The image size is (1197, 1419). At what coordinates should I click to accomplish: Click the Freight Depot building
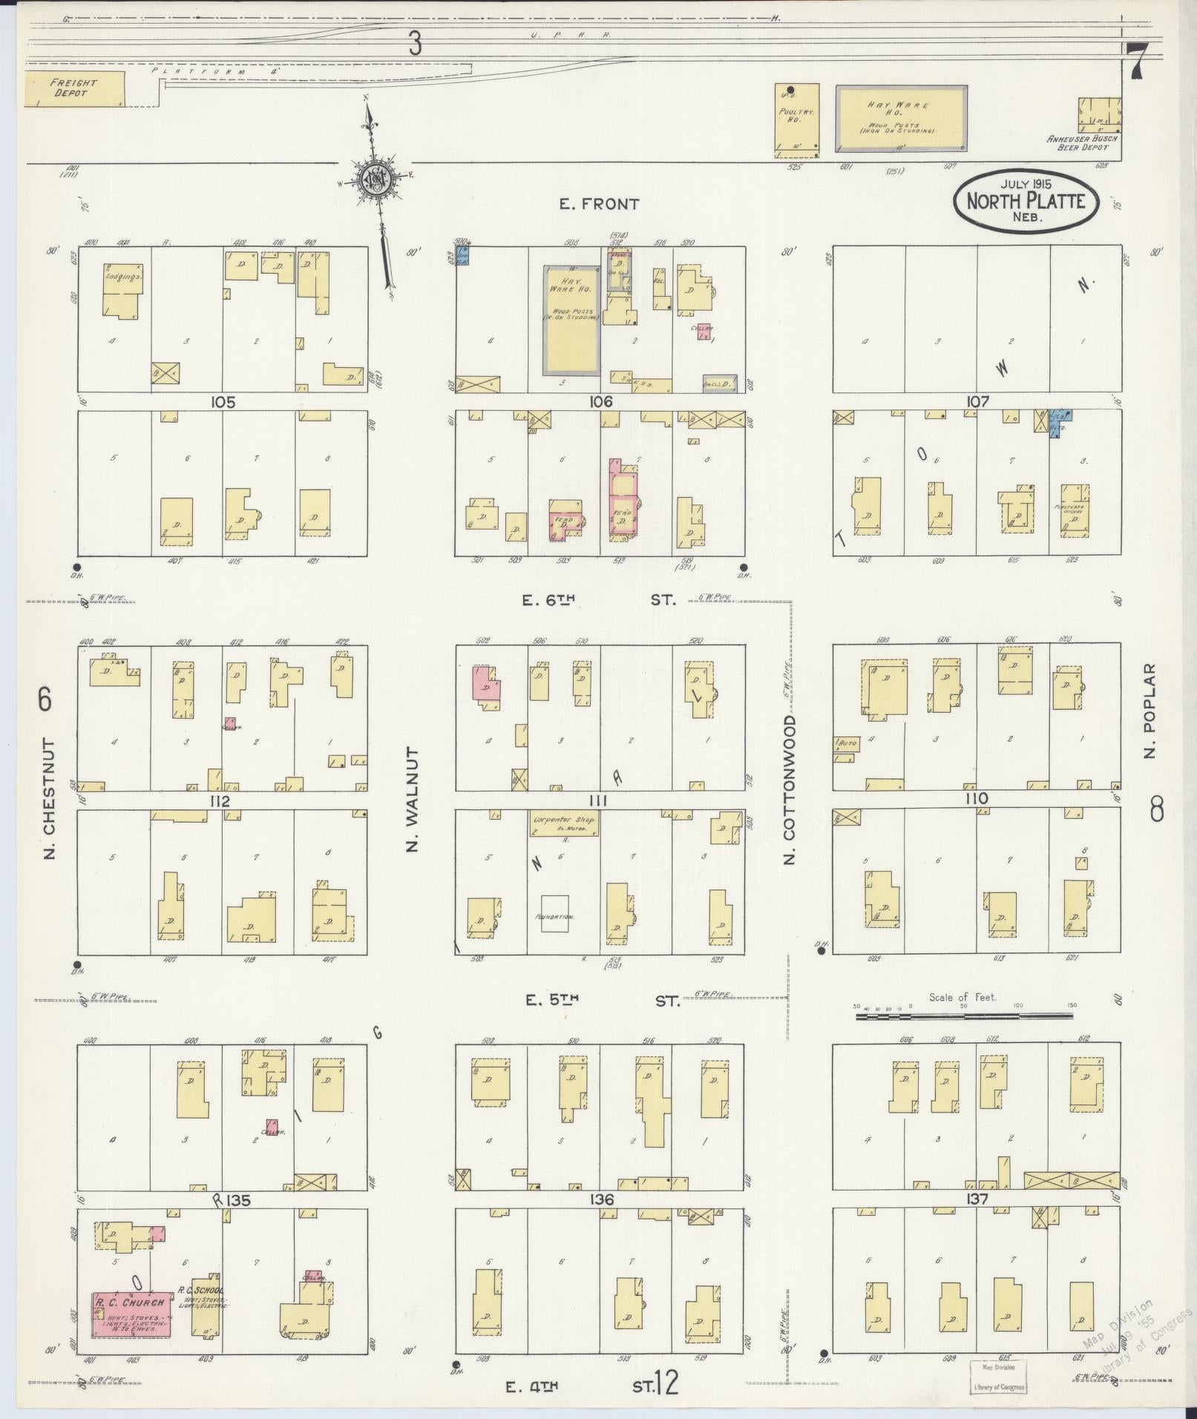(x=74, y=89)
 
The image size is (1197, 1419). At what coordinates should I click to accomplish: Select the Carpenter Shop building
(x=565, y=825)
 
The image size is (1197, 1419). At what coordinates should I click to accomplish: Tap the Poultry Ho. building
(x=797, y=120)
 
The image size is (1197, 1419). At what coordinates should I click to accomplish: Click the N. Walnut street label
(x=413, y=799)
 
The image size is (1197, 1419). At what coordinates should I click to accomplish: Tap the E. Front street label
(x=599, y=204)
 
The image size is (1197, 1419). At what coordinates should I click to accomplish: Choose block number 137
(x=977, y=1199)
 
